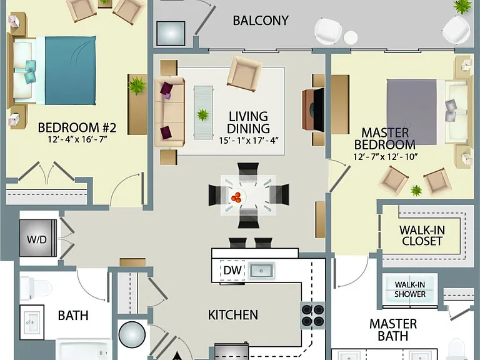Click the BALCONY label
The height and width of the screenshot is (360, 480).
[x=261, y=21]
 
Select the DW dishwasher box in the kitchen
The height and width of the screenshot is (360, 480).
[x=232, y=270]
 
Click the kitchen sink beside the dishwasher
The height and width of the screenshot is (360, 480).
[x=261, y=271]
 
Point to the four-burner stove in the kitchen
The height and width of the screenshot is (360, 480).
[x=312, y=315]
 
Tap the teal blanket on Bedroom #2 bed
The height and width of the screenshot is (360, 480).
[x=71, y=71]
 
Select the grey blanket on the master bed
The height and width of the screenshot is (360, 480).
[x=412, y=112]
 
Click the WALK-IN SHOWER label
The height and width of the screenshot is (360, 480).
[x=410, y=289]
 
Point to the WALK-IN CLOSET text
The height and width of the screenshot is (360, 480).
[x=422, y=236]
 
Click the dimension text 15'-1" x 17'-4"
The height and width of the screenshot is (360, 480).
[x=248, y=141]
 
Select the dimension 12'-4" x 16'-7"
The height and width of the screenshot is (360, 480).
[x=77, y=139]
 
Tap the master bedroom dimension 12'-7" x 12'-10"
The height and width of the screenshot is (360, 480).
[x=386, y=157]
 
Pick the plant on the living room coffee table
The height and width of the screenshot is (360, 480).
[x=202, y=115]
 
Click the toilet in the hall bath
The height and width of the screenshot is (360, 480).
[x=36, y=288]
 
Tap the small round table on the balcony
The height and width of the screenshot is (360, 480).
[x=351, y=37]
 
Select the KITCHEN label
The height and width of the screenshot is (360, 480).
[x=233, y=315]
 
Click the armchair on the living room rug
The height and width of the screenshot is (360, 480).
[x=244, y=74]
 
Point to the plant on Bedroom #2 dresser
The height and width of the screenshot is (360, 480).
[x=137, y=86]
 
